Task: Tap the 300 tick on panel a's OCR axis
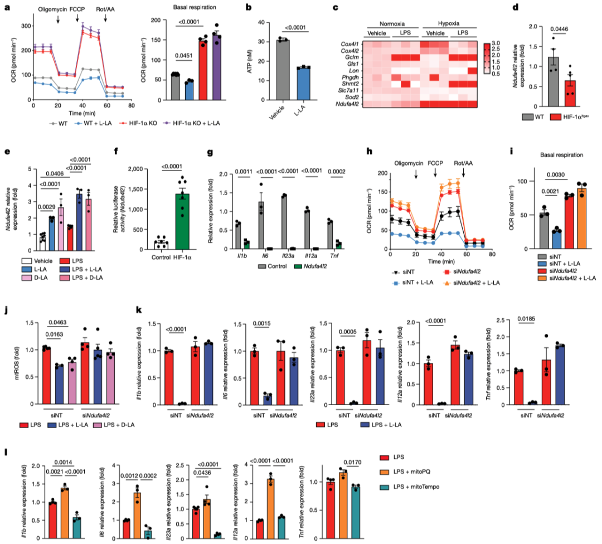(x=23, y=26)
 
